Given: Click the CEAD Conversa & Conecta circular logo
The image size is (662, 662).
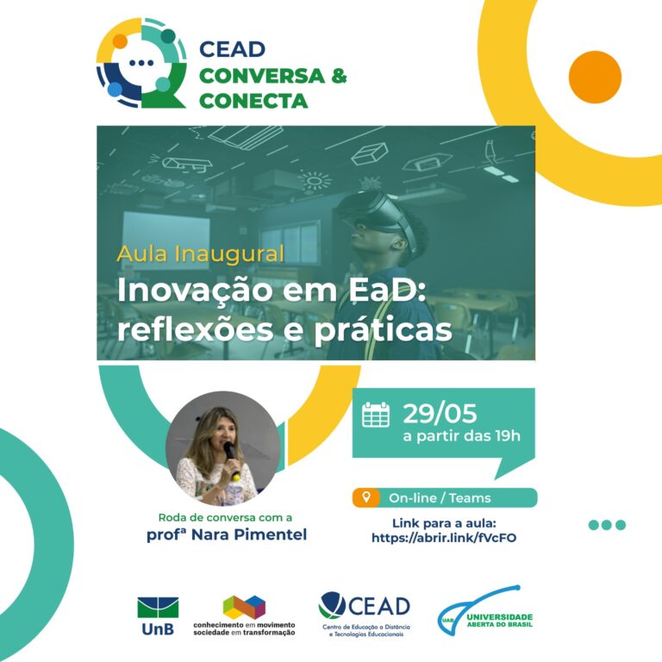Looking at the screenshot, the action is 141,62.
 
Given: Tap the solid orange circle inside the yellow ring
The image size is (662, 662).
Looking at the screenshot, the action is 595,78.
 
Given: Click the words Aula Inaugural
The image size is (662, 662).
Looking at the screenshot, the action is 201,253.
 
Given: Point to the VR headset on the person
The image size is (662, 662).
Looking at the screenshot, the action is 377,215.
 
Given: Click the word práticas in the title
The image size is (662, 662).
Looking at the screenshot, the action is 383,330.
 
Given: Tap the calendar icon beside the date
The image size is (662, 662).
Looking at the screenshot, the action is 376,415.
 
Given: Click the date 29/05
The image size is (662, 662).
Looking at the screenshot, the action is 440,413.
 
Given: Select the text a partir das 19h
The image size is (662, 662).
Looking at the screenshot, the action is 461,435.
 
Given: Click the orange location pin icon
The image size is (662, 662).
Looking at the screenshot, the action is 366,496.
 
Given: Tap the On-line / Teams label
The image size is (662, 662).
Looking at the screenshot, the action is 440,498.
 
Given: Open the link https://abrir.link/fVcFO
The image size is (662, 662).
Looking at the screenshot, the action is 444,538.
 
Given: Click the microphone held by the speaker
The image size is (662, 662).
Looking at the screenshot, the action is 231,460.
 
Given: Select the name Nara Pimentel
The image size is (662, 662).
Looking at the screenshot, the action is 249,534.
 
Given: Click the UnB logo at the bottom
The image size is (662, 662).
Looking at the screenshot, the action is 158,616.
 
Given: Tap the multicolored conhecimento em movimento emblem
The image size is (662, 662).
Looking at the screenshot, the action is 244,607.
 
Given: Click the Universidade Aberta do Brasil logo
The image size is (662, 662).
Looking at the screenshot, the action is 485,610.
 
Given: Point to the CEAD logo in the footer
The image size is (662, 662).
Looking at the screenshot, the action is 365,614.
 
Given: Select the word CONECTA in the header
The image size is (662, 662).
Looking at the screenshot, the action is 253,101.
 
